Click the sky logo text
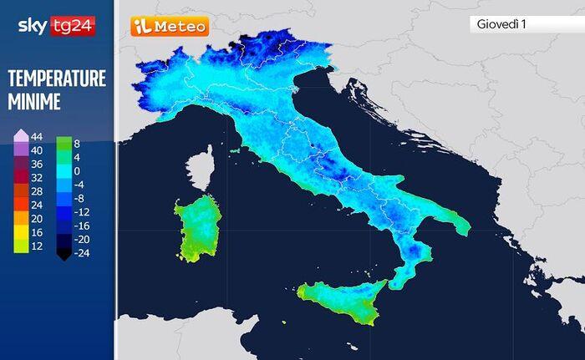coord(33,26)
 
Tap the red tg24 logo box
coord(74,26)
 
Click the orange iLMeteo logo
coord(170,27)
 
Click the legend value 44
coord(36,136)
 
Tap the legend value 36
coord(36,164)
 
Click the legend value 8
coord(77,144)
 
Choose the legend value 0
coord(76,170)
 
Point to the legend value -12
coord(81,211)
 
